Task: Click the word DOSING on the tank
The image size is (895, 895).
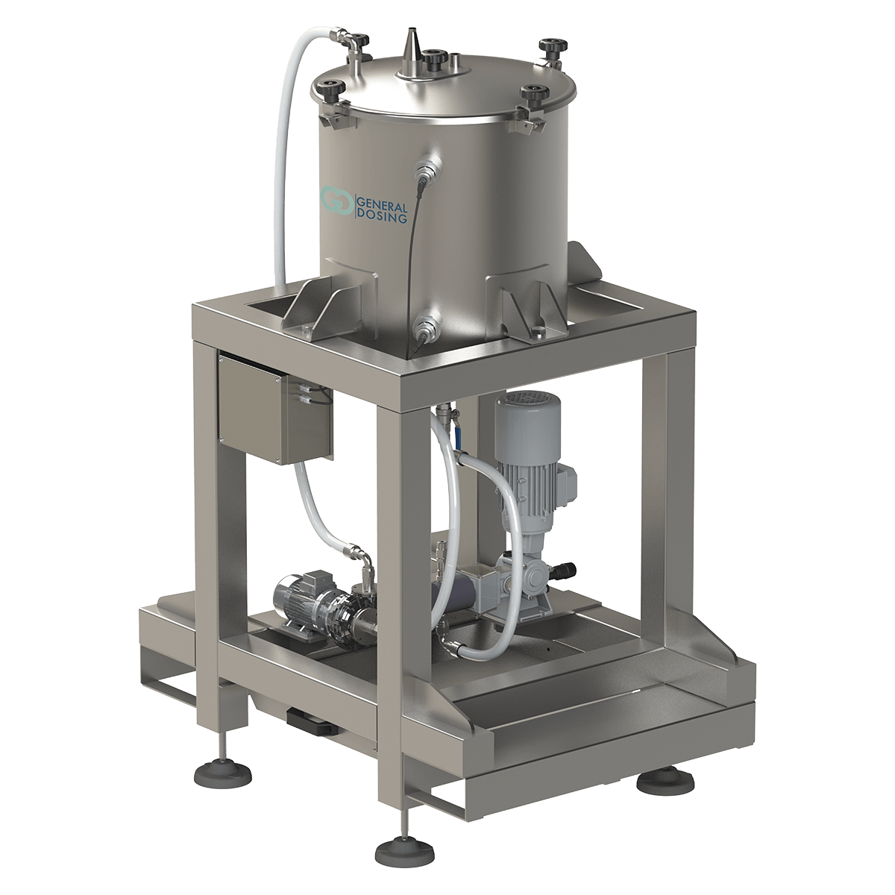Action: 380,217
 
